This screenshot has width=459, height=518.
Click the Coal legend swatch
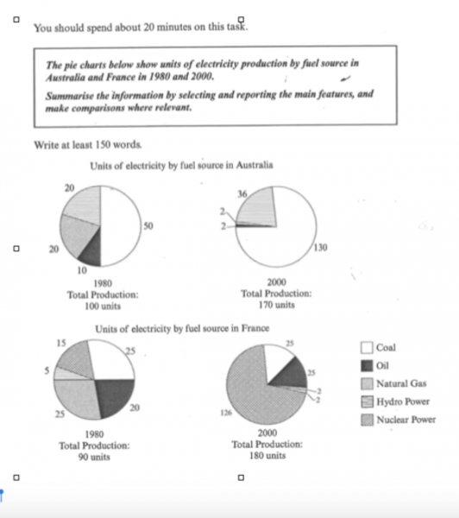coord(367,347)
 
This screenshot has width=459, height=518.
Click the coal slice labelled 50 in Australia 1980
coord(121,226)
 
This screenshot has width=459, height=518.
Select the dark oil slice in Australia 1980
coord(91,250)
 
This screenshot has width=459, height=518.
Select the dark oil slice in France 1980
coord(110,395)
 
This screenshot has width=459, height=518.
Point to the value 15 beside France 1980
coord(61,344)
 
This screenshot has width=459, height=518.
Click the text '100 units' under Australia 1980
coord(103,305)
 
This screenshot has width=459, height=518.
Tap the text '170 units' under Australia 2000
coord(277,305)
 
